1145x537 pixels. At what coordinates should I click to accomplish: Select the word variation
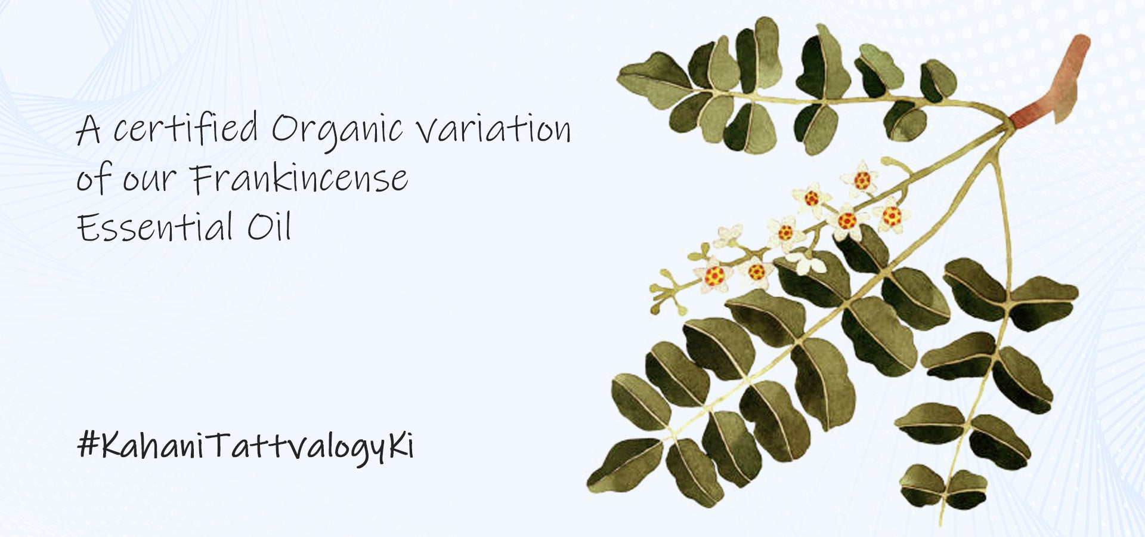pyautogui.click(x=493, y=129)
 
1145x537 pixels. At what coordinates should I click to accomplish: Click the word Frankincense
pyautogui.click(x=299, y=178)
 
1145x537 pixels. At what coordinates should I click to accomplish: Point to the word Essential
pyautogui.click(x=154, y=227)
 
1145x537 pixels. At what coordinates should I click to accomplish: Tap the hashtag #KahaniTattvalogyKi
pyautogui.click(x=246, y=447)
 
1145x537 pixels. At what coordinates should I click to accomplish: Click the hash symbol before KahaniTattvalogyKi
pyautogui.click(x=88, y=446)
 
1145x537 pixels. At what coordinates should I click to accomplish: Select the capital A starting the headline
pyautogui.click(x=88, y=129)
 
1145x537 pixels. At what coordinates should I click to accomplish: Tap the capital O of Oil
pyautogui.click(x=260, y=228)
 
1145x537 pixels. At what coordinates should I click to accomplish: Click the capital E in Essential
pyautogui.click(x=88, y=228)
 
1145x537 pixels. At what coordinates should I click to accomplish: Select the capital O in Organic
pyautogui.click(x=284, y=129)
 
